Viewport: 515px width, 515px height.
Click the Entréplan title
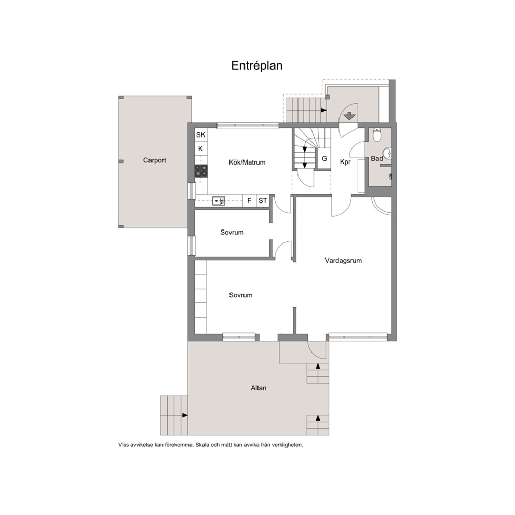[x=257, y=66]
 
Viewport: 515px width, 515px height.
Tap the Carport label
[x=154, y=160]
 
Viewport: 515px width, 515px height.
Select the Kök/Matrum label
[x=247, y=162]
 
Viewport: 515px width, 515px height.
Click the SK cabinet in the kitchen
[x=201, y=134]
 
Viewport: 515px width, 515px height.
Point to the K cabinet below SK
[x=201, y=149]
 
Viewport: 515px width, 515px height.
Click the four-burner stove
[x=201, y=171]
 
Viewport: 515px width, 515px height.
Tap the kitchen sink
[x=219, y=200]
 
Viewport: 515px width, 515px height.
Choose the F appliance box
[x=249, y=201]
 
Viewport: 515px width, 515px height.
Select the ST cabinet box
[x=263, y=201]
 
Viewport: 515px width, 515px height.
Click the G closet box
[x=324, y=159]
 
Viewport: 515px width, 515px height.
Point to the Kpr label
[x=345, y=162]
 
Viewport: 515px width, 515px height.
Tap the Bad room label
[x=377, y=159]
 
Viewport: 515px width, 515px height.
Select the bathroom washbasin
[x=388, y=153]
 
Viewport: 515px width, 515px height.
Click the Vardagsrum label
[x=343, y=261]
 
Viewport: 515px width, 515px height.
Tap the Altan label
[x=259, y=388]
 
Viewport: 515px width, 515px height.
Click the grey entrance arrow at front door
[x=350, y=116]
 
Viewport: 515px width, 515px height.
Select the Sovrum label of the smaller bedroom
[x=232, y=233]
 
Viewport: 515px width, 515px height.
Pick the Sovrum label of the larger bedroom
[x=241, y=295]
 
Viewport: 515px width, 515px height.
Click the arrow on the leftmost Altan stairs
[x=185, y=415]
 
